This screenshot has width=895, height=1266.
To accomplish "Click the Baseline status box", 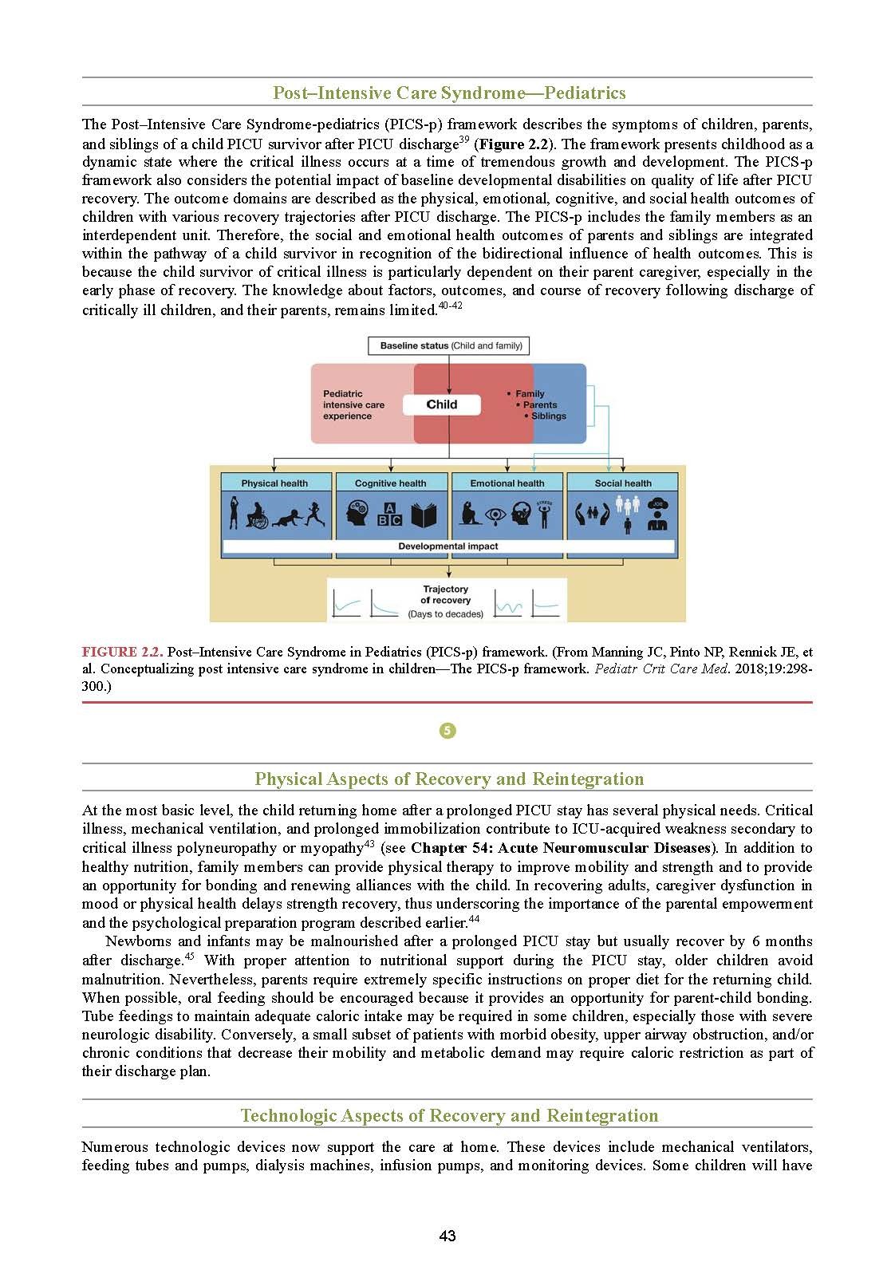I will tap(449, 345).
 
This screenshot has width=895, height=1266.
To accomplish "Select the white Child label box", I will tap(442, 404).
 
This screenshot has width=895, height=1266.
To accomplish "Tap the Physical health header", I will tap(274, 483).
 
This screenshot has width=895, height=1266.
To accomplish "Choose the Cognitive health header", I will tap(390, 483).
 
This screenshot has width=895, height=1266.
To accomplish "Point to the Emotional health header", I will tap(507, 483).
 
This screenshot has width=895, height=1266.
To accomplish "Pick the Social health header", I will tap(623, 483).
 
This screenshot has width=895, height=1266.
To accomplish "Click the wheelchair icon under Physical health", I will tap(257, 515).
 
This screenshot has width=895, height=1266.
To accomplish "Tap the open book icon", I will tap(424, 515).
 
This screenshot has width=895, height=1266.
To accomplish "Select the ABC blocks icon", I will tap(389, 515).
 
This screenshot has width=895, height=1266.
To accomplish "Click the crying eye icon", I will tap(495, 515).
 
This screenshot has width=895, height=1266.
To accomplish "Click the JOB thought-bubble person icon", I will tap(657, 515).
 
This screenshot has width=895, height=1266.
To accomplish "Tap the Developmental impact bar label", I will tap(448, 546).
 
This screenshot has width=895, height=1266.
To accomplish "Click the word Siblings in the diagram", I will tap(549, 416).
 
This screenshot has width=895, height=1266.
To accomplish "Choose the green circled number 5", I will tap(447, 731).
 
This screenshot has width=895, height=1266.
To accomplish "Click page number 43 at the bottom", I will tap(447, 1236).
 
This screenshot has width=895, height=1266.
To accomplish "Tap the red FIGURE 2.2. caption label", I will tap(122, 652).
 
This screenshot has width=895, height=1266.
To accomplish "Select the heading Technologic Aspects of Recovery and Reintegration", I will tap(449, 1115).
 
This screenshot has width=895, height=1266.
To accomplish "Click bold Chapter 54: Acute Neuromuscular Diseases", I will tap(560, 847).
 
